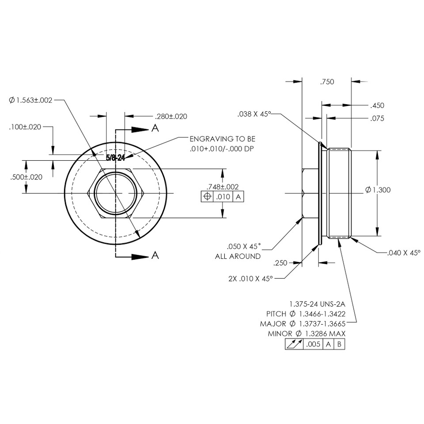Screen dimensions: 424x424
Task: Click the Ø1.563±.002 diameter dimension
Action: (x=30, y=100)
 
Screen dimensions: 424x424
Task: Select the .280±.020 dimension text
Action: (x=170, y=117)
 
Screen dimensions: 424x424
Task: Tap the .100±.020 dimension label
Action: (x=25, y=127)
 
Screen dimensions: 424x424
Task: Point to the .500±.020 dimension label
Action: (x=26, y=177)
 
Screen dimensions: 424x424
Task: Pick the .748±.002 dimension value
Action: (x=223, y=187)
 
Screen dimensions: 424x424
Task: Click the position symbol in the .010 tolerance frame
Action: (x=207, y=197)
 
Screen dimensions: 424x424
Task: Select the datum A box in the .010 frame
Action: (x=238, y=197)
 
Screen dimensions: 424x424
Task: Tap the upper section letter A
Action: (x=155, y=128)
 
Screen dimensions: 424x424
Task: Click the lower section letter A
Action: (x=155, y=255)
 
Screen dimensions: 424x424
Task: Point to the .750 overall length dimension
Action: (x=327, y=82)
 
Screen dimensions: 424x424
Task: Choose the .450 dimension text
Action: (x=378, y=106)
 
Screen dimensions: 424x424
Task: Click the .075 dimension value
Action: (x=378, y=118)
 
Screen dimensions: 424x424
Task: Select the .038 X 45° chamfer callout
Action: (x=254, y=114)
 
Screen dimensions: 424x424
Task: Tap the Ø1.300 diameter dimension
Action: (x=378, y=190)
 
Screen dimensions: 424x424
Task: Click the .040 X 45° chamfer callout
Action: (x=404, y=253)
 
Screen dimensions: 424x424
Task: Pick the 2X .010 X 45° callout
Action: (x=250, y=279)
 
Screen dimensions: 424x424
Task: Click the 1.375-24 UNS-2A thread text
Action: (x=317, y=304)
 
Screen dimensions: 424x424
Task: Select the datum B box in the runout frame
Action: (x=339, y=344)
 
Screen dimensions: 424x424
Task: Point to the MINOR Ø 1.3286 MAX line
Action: (x=307, y=334)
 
